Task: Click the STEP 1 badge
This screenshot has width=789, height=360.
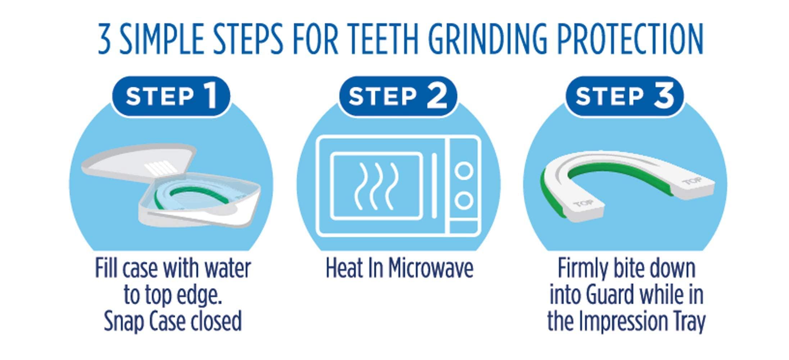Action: click(171, 96)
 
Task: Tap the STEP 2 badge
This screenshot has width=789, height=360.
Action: click(398, 96)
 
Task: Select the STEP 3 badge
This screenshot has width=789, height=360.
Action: click(624, 96)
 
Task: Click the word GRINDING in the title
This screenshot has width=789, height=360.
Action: click(488, 39)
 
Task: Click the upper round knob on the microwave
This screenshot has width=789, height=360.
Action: click(464, 171)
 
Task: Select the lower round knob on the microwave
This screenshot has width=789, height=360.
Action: click(464, 201)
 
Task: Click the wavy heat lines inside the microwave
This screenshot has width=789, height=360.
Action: click(376, 186)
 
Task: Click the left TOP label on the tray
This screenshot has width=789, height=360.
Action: click(583, 204)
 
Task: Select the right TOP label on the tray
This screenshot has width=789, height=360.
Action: click(691, 181)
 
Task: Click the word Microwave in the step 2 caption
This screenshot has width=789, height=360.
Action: click(431, 269)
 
